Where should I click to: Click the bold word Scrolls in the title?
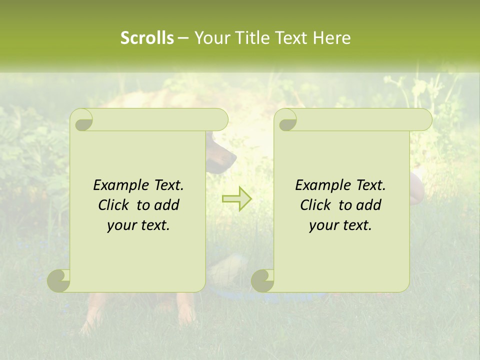tap(147, 38)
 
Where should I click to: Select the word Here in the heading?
tap(332, 38)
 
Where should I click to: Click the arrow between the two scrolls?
tap(236, 198)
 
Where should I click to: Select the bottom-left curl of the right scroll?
tap(263, 280)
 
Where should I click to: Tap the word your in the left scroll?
tap(120, 226)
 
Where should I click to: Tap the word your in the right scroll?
tap(322, 226)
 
